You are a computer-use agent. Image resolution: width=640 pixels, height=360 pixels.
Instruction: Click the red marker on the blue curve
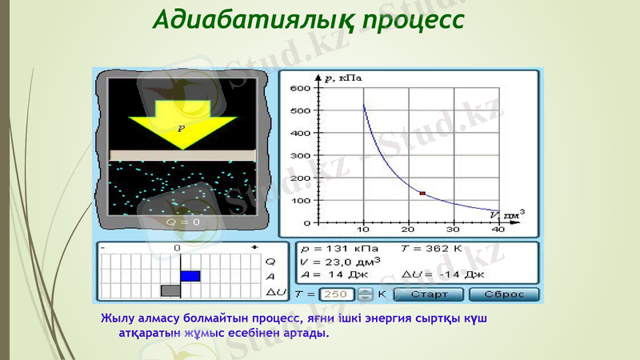point(422,194)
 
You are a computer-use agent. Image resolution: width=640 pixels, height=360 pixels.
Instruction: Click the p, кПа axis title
point(345,78)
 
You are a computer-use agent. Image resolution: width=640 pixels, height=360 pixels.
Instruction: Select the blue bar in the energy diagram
point(190,275)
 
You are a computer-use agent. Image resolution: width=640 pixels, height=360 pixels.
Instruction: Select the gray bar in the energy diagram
point(170,290)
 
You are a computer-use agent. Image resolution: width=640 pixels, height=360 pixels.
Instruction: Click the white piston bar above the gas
point(182,154)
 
